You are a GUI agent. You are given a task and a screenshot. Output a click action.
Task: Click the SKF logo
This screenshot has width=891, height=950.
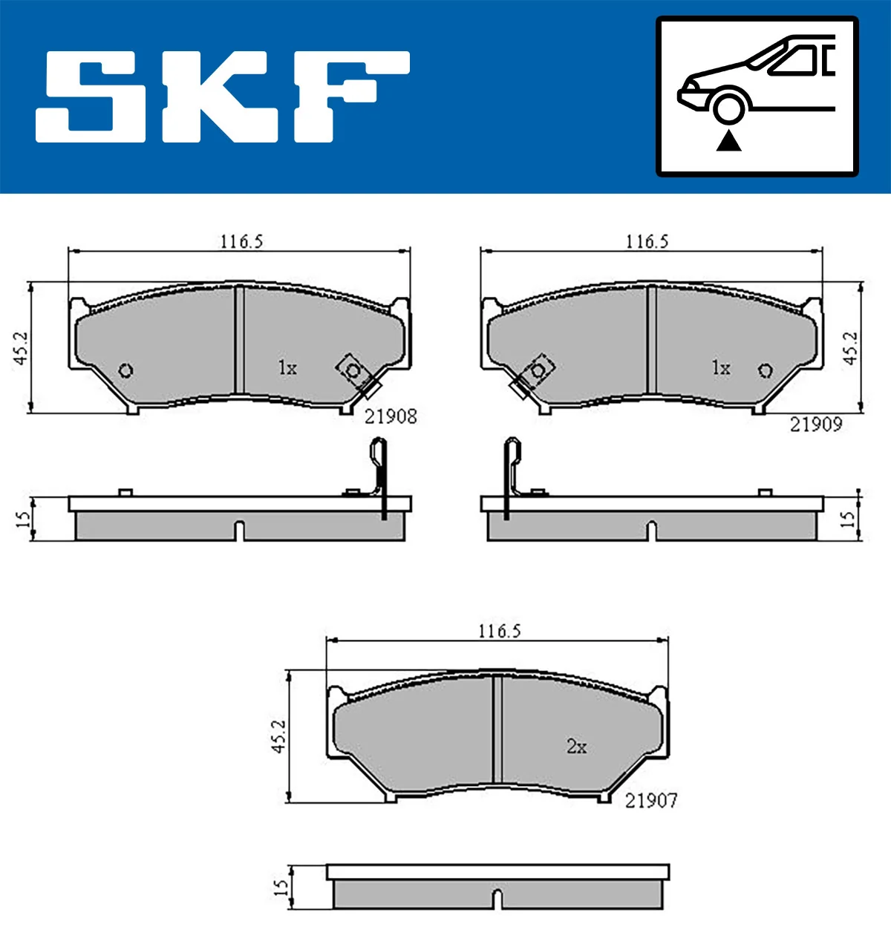point(223,96)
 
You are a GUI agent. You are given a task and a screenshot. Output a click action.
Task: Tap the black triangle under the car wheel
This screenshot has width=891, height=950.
point(729,140)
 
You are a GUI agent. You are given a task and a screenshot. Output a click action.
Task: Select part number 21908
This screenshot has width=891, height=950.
point(391,416)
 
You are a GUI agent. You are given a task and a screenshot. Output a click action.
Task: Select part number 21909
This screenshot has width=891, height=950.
point(815,425)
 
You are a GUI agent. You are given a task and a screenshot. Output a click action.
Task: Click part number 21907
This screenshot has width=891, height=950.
point(651,800)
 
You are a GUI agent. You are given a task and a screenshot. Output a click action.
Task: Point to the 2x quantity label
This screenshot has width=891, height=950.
point(576,746)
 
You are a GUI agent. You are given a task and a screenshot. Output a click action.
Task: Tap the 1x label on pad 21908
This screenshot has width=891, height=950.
point(287,367)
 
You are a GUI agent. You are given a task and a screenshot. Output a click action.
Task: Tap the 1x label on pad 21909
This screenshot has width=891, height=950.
point(720,367)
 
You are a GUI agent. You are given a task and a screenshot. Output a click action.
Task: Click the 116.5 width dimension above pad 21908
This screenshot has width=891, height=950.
point(241,241)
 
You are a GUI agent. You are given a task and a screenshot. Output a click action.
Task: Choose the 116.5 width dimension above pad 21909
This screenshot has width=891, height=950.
point(647,241)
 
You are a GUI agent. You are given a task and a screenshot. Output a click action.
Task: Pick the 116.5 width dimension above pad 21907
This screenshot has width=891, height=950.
point(499,631)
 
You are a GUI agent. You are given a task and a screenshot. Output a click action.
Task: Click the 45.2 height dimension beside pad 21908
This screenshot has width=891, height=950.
point(21,347)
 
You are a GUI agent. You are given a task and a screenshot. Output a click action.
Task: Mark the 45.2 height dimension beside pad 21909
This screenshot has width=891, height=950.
point(850,347)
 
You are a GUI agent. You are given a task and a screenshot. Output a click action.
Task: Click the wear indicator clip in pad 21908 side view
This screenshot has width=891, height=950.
point(379,475)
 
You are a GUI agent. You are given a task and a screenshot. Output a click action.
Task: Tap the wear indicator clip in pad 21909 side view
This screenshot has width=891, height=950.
point(512,475)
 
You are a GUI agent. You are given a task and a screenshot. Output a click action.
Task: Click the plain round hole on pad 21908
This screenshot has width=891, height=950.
point(125,370)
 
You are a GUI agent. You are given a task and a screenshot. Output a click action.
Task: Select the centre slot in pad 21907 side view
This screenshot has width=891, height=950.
point(498,898)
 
